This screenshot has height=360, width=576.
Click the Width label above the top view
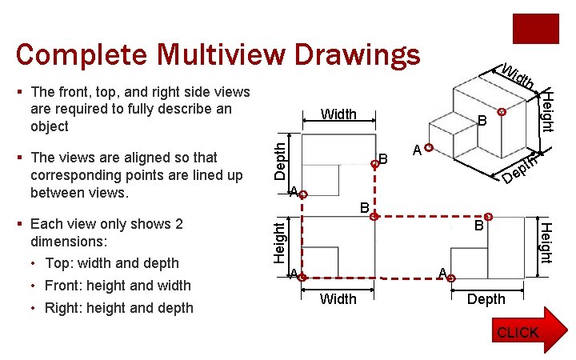click(x=338, y=114)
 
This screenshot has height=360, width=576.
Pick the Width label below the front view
click(x=338, y=298)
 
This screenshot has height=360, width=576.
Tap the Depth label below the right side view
click(x=486, y=298)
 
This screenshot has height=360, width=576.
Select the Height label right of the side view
click(x=545, y=242)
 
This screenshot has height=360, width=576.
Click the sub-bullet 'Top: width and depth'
click(x=112, y=263)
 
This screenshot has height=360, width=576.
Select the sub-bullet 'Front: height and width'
click(x=118, y=286)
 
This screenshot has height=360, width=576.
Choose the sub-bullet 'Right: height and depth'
click(x=119, y=308)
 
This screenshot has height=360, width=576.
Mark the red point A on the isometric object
click(x=430, y=148)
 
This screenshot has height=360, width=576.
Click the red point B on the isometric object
click(x=501, y=113)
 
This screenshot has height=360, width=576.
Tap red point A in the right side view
click(x=451, y=278)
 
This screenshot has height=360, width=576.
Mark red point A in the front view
click(x=302, y=278)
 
